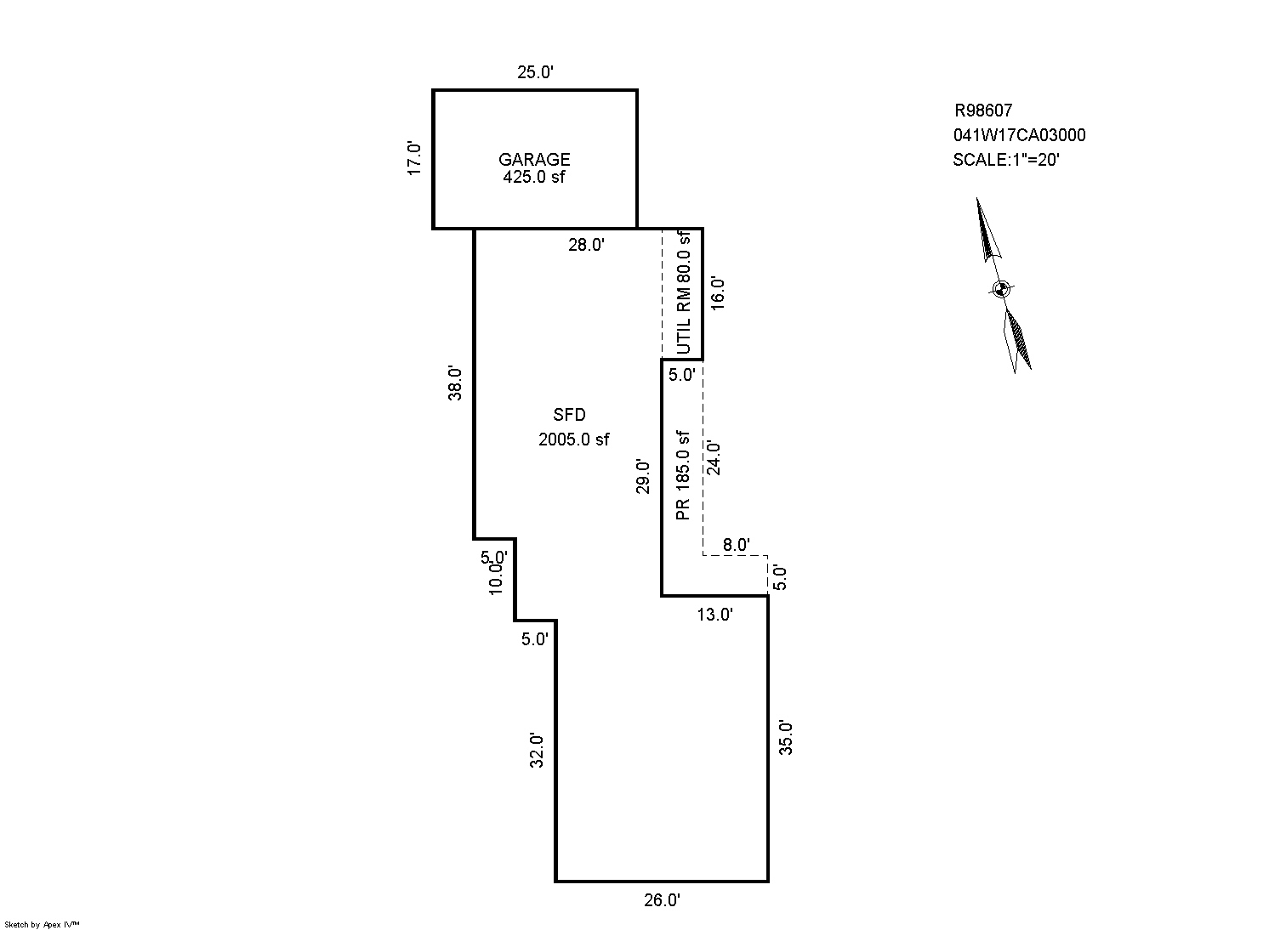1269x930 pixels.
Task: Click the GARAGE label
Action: pyautogui.click(x=534, y=160)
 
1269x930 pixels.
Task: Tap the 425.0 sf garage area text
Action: pyautogui.click(x=534, y=178)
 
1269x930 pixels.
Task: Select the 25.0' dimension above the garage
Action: pyautogui.click(x=536, y=73)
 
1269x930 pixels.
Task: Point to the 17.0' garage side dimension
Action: pyautogui.click(x=415, y=158)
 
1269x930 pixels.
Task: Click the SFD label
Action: pyautogui.click(x=569, y=415)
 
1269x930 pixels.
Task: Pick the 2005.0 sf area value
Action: pyautogui.click(x=574, y=439)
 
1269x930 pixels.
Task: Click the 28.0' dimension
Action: pyautogui.click(x=587, y=246)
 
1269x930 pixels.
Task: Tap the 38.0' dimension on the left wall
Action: pyautogui.click(x=457, y=383)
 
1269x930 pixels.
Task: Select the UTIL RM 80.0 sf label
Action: pyautogui.click(x=683, y=292)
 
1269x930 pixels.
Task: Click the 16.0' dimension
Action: pyautogui.click(x=719, y=294)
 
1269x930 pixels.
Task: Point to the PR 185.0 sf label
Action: pyautogui.click(x=682, y=475)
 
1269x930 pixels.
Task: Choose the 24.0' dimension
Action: pyautogui.click(x=714, y=458)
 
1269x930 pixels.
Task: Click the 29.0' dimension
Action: pyautogui.click(x=645, y=476)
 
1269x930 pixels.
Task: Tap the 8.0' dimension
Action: pyautogui.click(x=736, y=545)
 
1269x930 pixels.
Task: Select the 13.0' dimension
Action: pyautogui.click(x=714, y=615)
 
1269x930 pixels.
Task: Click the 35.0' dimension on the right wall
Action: pyautogui.click(x=787, y=737)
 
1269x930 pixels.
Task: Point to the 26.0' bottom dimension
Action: pyautogui.click(x=662, y=900)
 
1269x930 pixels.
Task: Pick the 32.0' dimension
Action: pyautogui.click(x=538, y=750)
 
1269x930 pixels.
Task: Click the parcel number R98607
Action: pyautogui.click(x=983, y=111)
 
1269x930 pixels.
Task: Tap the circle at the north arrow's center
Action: pyautogui.click(x=1001, y=288)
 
